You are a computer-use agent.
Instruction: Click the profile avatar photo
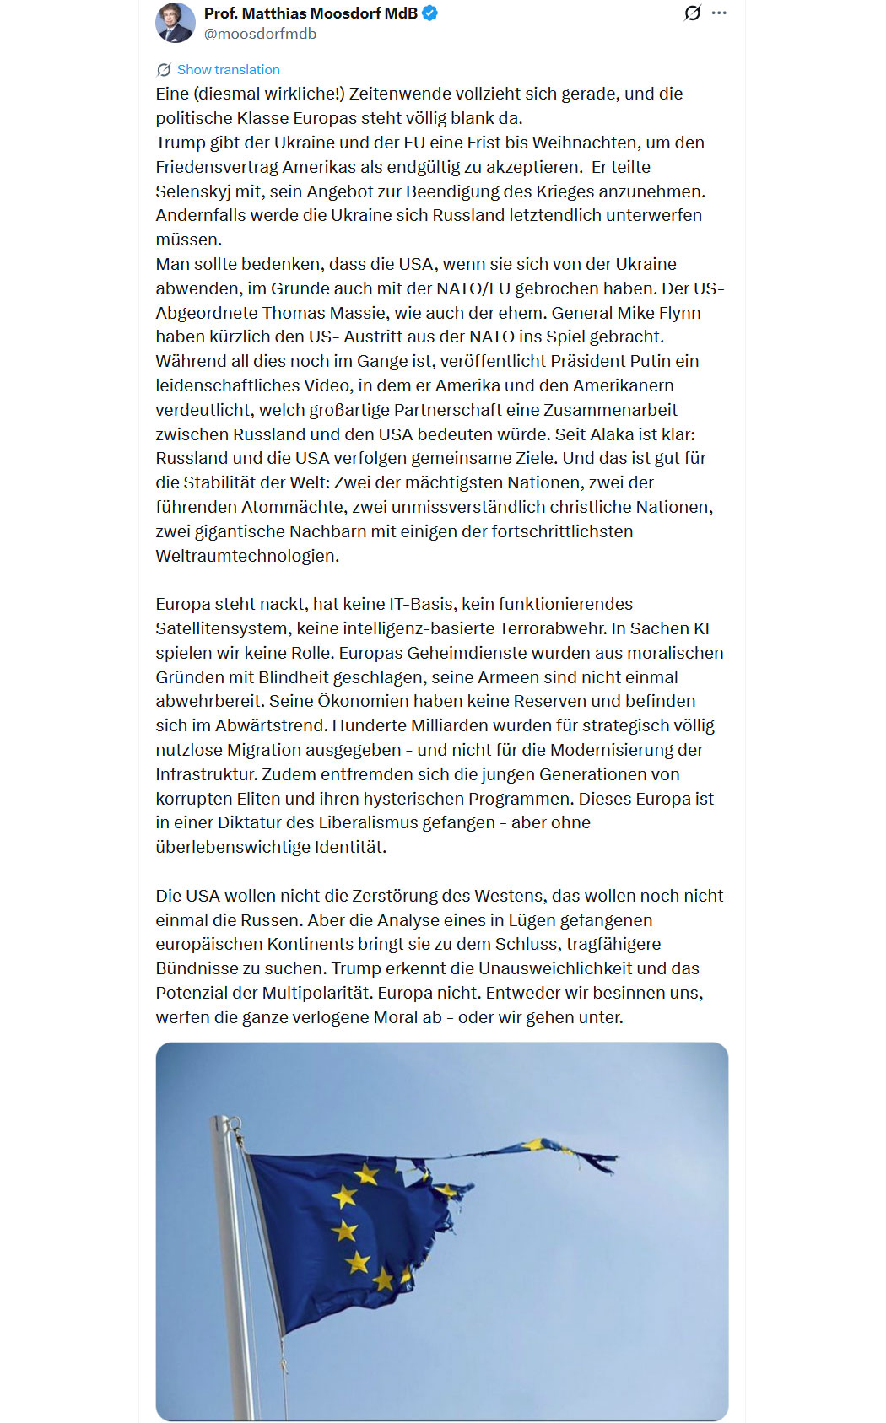pyautogui.click(x=176, y=23)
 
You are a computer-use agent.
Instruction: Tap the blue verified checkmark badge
pyautogui.click(x=430, y=13)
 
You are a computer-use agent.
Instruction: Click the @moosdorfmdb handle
pyautogui.click(x=260, y=34)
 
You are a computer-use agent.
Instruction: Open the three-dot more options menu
pyautogui.click(x=719, y=13)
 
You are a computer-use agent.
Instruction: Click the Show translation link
pyautogui.click(x=228, y=70)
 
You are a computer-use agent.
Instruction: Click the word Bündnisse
pyautogui.click(x=193, y=968)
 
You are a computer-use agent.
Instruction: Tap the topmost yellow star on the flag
pyautogui.click(x=367, y=1173)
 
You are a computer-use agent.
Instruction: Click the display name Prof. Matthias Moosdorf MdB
pyautogui.click(x=311, y=13)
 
